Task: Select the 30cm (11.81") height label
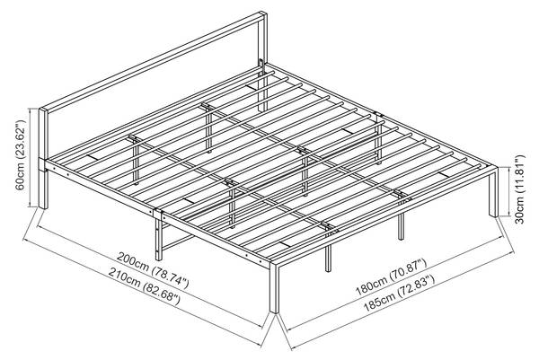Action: click(521, 191)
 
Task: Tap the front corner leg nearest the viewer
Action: click(275, 288)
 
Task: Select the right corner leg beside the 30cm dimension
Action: click(492, 192)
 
